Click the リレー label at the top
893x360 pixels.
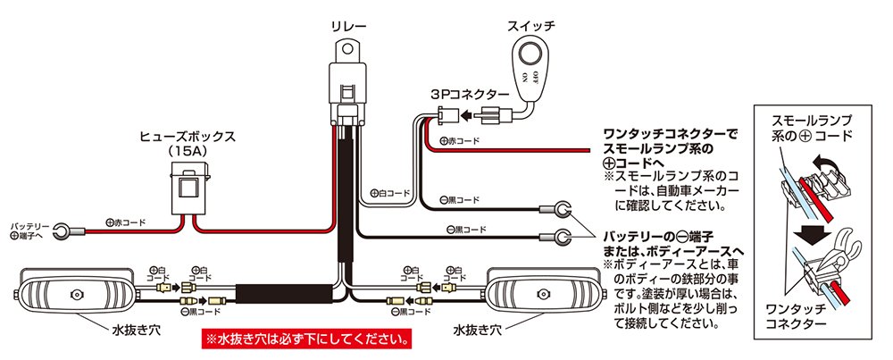coord(346,28)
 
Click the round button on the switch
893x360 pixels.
coord(534,53)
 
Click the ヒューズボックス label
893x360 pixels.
coord(188,137)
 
